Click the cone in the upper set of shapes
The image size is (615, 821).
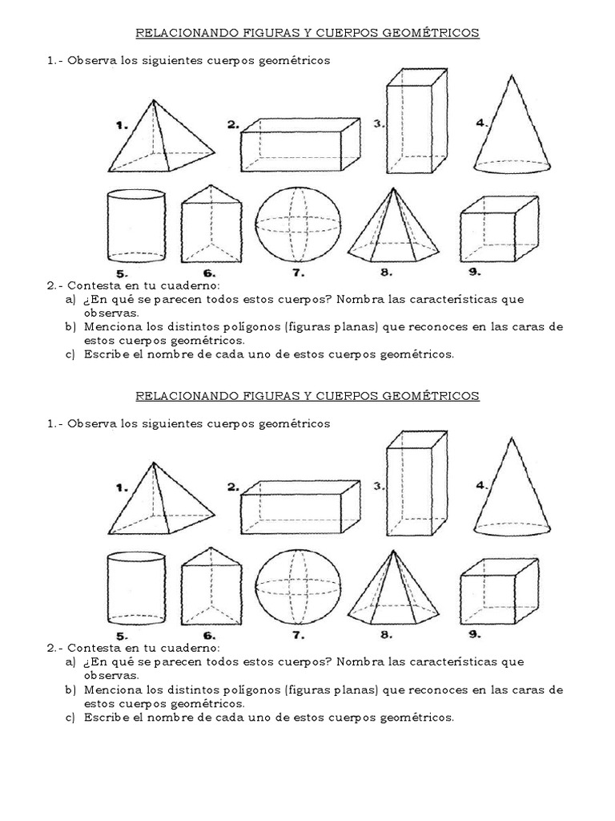pyautogui.click(x=510, y=132)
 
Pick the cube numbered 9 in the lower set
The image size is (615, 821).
pyautogui.click(x=497, y=589)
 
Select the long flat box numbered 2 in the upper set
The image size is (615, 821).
pyautogui.click(x=300, y=145)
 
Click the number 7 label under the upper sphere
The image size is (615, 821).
pyautogui.click(x=298, y=273)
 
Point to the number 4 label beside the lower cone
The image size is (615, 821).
pyautogui.click(x=481, y=485)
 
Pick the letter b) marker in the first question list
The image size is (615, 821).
pyautogui.click(x=70, y=327)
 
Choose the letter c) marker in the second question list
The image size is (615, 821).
pyautogui.click(x=70, y=717)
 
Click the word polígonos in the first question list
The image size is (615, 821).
pyautogui.click(x=247, y=327)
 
